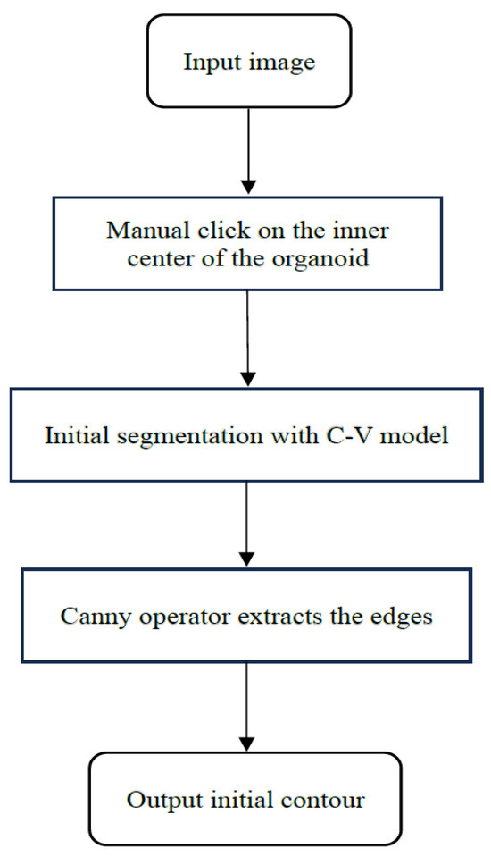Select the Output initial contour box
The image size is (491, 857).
pos(245,799)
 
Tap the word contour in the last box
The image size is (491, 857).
pos(329,799)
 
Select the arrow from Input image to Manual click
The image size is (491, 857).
pos(247,152)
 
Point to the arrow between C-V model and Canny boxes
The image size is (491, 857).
pos(247,527)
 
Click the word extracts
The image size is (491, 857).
pos(260,617)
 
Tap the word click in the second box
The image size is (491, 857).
pos(204,231)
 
